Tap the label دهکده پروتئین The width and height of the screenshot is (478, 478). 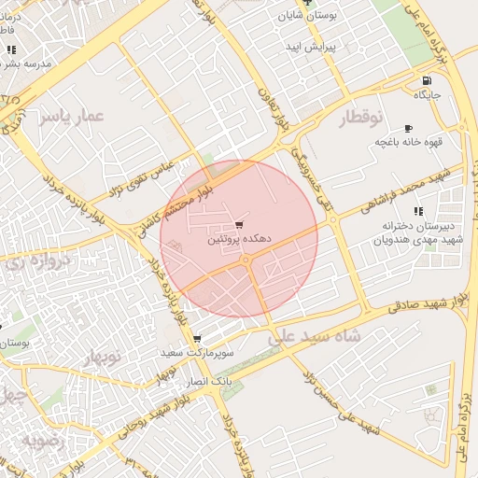pyautogui.click(x=239, y=240)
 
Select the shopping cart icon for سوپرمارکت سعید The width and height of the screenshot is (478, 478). pyautogui.click(x=196, y=339)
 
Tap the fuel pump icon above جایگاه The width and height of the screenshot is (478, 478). pyautogui.click(x=427, y=80)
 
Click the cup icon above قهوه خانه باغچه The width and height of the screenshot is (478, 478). pyautogui.click(x=407, y=128)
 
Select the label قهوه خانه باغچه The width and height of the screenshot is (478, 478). pyautogui.click(x=407, y=142)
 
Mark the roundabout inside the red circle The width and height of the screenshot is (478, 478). pyautogui.click(x=246, y=262)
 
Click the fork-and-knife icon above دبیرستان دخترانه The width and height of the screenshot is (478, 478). pyautogui.click(x=417, y=211)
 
